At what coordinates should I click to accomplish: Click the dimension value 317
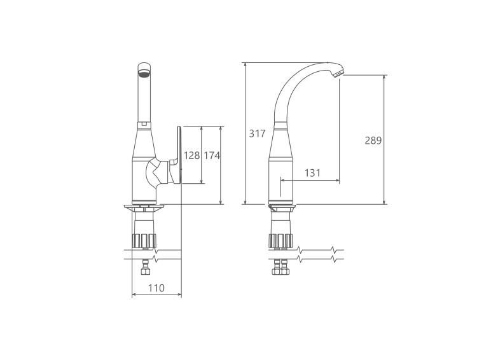[x=257, y=134]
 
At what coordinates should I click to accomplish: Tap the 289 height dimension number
[x=373, y=141]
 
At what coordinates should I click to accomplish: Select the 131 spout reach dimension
[x=312, y=173]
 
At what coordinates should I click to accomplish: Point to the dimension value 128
[x=191, y=155]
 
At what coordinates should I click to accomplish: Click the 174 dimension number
[x=212, y=155]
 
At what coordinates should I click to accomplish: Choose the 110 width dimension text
[x=156, y=288]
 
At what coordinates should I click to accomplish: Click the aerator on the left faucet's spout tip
[x=144, y=73]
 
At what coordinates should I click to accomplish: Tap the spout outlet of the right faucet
[x=338, y=73]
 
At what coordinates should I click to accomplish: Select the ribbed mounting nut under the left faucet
[x=144, y=240]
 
